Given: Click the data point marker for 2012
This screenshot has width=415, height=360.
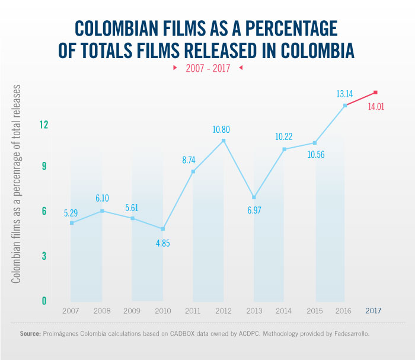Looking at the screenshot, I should pos(224,141).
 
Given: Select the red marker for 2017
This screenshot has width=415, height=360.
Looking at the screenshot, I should pos(376,93).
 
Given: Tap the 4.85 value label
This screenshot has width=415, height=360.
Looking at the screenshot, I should pos(163,243).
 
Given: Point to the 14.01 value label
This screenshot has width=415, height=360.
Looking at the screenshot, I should pos(376,107).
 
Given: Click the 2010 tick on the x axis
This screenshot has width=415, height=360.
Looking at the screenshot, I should pos(162,311).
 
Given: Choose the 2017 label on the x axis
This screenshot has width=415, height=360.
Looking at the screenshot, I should pos(373,311).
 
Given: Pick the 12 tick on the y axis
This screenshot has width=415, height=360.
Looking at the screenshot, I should pos(44,125).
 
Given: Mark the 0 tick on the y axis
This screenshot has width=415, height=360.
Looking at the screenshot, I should pos(44,301).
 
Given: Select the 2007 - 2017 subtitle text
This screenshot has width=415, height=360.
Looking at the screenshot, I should pos(207,68).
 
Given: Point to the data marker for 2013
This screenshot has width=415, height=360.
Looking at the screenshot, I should pos(254,197).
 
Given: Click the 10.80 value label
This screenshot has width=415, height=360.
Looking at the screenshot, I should pos(224,128).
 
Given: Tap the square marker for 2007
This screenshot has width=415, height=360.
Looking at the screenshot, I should pos(72,223).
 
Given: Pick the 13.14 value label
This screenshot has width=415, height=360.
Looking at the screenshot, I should pos(346,93).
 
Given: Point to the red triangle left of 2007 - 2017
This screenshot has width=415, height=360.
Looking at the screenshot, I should pos(175,68).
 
